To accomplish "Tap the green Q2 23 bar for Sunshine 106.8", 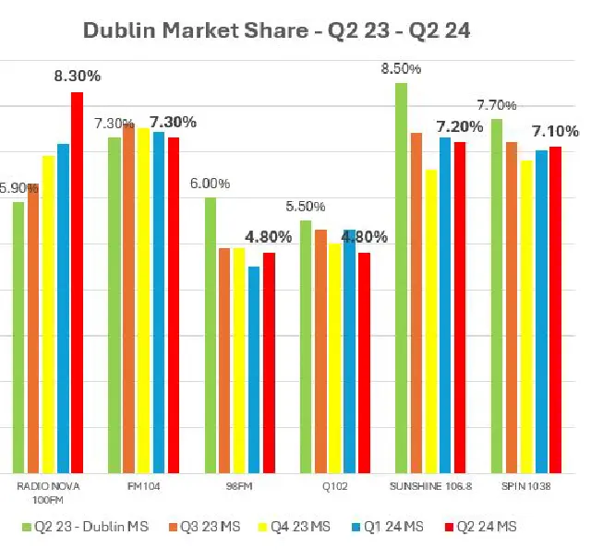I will [402, 277].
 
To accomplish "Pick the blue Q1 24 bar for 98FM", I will [254, 369].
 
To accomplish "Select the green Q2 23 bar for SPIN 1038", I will [497, 295].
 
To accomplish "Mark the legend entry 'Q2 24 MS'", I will [486, 526].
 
